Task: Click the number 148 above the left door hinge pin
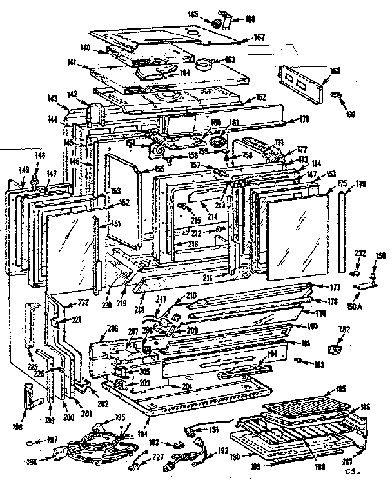point(40,155)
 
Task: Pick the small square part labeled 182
point(335,349)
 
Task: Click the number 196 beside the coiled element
point(30,461)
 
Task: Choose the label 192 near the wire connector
point(222,452)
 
